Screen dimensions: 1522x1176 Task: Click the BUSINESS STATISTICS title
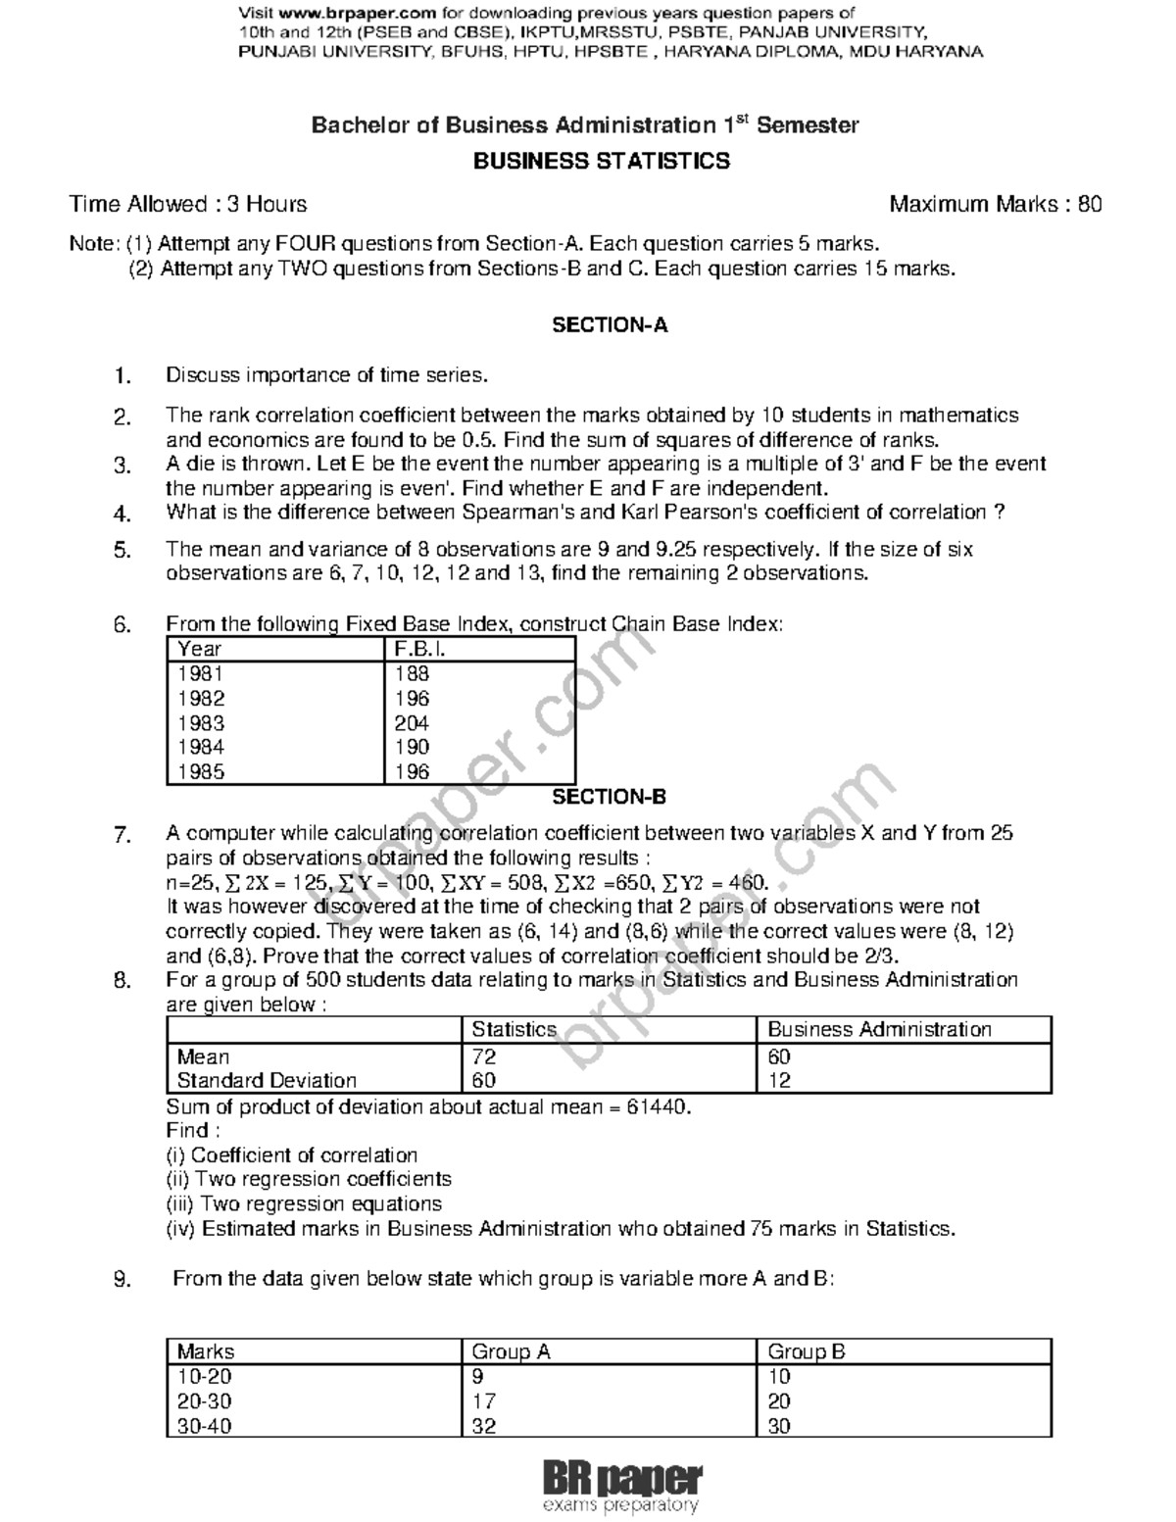pos(602,162)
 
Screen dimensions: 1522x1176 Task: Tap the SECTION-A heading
pos(610,325)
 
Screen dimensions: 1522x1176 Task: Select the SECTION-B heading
pos(610,797)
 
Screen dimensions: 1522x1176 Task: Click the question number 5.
pos(122,551)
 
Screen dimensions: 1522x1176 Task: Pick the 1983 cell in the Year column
pos(201,723)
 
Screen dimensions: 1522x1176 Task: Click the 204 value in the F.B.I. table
pos(412,723)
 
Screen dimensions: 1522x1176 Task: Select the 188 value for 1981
pos(412,673)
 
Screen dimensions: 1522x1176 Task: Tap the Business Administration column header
pos(879,1029)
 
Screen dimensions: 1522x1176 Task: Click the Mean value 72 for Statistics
pos(484,1056)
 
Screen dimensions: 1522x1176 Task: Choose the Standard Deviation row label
pos(267,1080)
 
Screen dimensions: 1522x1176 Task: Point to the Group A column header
pos(511,1351)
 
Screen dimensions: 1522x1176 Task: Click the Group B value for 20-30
pos(779,1401)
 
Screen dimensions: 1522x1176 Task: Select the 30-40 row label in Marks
pos(205,1426)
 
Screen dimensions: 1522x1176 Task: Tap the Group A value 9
pos(478,1377)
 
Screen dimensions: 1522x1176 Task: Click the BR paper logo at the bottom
pos(621,1486)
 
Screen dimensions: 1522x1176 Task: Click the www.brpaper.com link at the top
pos(356,13)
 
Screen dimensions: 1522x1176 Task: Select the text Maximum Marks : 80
pos(996,204)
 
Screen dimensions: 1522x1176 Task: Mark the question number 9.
pos(122,1279)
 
